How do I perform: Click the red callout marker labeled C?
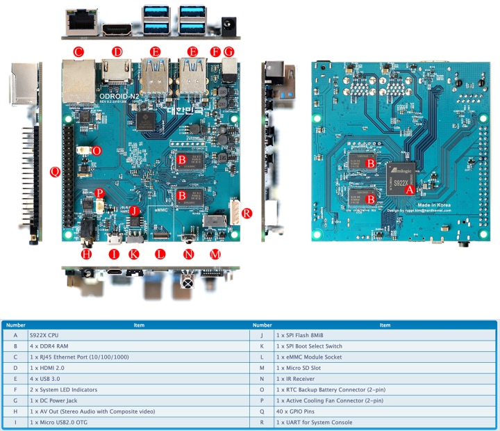[x=78, y=51]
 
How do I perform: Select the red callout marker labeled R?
[x=247, y=213]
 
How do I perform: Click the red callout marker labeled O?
[x=97, y=151]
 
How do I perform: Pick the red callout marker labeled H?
[x=87, y=254]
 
